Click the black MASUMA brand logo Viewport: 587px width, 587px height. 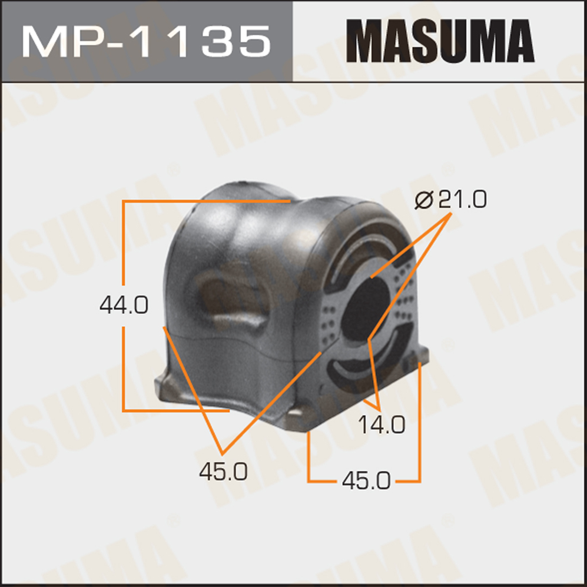(440, 41)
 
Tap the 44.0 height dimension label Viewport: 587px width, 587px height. (124, 304)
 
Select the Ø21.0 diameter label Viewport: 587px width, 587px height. (451, 199)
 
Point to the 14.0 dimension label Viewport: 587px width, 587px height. (382, 425)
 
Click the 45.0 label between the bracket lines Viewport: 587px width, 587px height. (366, 480)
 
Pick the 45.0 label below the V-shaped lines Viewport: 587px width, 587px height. (223, 471)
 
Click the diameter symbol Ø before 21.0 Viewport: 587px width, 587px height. (424, 200)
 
